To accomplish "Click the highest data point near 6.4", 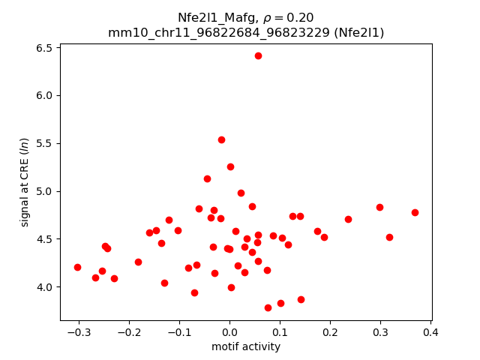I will pos(258,55).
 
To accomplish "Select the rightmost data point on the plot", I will pos(415,212).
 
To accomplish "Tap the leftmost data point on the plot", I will pos(77,267).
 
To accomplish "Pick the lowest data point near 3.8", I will pos(268,307).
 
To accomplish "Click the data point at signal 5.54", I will pos(221,139).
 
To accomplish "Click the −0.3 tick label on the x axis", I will pos(78,332).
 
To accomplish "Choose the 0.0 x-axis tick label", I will pos(229,332).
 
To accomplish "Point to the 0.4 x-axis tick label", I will pos(430,332).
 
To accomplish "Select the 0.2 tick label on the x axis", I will pos(330,332).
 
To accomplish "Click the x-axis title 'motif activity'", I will pos(246,346).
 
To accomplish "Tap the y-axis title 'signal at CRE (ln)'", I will pos(25,181).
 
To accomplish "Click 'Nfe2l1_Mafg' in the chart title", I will pos(211,18).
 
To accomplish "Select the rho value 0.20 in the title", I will pos(301,18).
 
